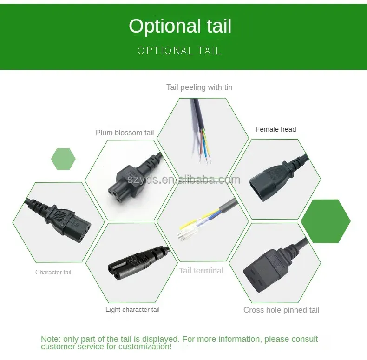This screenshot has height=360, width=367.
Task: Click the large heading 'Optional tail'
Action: tap(180, 26)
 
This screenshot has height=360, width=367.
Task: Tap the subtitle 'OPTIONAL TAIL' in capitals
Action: tap(179, 51)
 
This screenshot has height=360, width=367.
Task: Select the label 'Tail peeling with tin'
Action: tap(199, 87)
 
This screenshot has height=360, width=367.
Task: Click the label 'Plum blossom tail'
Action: tap(125, 133)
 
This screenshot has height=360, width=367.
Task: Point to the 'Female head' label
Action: tap(276, 129)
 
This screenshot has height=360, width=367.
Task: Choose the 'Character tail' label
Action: tap(53, 272)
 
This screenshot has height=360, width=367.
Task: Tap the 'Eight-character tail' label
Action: tap(132, 309)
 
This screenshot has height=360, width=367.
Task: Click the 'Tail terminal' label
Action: tap(201, 271)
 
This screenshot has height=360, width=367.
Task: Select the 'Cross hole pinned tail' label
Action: tap(282, 310)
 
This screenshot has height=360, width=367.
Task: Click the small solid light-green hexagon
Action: tap(63, 159)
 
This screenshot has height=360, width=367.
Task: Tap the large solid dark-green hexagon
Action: tap(326, 221)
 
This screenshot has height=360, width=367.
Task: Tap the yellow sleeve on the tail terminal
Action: tap(187, 225)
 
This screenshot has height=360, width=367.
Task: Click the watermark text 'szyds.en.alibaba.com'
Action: tap(184, 180)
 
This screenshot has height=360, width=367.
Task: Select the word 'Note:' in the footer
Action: tap(51, 339)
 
